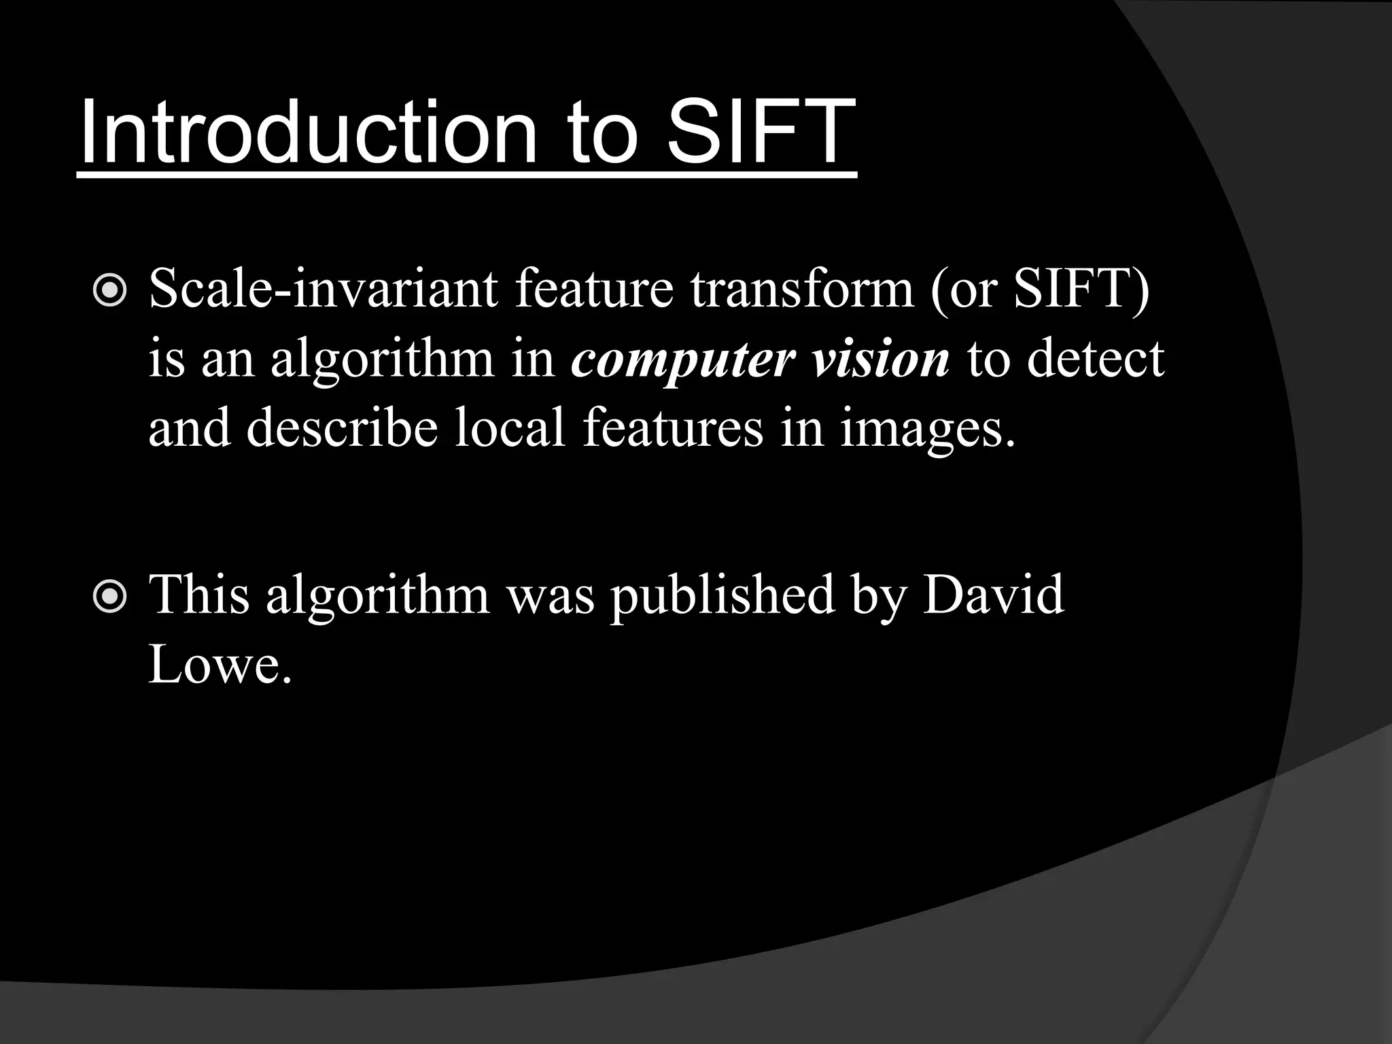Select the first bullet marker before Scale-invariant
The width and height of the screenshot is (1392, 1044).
click(x=109, y=291)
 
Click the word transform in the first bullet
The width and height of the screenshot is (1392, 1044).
click(x=802, y=289)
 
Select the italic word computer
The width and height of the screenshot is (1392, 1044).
click(x=682, y=360)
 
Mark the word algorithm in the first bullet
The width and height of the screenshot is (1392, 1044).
click(x=382, y=360)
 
